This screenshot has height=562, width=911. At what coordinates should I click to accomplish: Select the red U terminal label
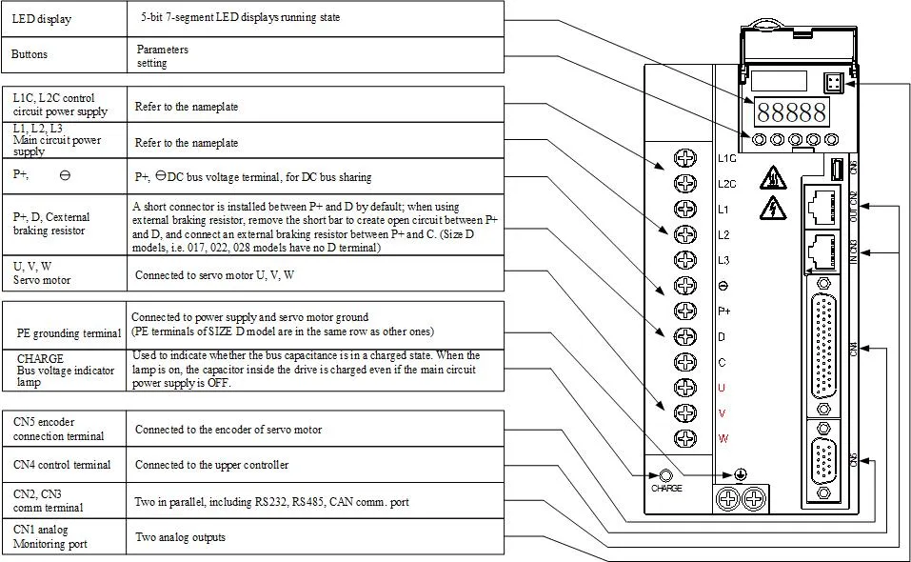pyautogui.click(x=722, y=388)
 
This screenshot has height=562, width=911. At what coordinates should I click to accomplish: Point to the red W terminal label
pyautogui.click(x=722, y=438)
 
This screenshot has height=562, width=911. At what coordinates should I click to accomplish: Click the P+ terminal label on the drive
pyautogui.click(x=724, y=311)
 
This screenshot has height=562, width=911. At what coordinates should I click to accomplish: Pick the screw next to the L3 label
pyautogui.click(x=684, y=260)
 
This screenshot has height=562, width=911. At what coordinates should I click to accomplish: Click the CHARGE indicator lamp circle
pyautogui.click(x=666, y=475)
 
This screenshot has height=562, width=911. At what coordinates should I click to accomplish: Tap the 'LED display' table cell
pyautogui.click(x=65, y=19)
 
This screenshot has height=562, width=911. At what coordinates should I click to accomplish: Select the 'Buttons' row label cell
pyautogui.click(x=65, y=55)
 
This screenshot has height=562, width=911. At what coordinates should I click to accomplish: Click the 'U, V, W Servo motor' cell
pyautogui.click(x=65, y=273)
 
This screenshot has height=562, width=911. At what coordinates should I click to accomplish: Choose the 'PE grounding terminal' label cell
pyautogui.click(x=65, y=333)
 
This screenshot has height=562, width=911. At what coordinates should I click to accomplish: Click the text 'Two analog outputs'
pyautogui.click(x=180, y=537)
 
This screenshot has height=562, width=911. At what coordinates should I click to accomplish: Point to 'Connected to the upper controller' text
pyautogui.click(x=211, y=465)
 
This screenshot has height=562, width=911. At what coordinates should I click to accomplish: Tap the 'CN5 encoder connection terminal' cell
pyautogui.click(x=65, y=429)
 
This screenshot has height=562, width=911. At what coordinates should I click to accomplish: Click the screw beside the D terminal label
pyautogui.click(x=684, y=336)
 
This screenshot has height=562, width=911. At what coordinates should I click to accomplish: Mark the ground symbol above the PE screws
pyautogui.click(x=741, y=473)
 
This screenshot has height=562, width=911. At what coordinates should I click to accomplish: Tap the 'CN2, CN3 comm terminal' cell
pyautogui.click(x=65, y=501)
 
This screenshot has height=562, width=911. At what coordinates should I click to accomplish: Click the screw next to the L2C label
pyautogui.click(x=684, y=184)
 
